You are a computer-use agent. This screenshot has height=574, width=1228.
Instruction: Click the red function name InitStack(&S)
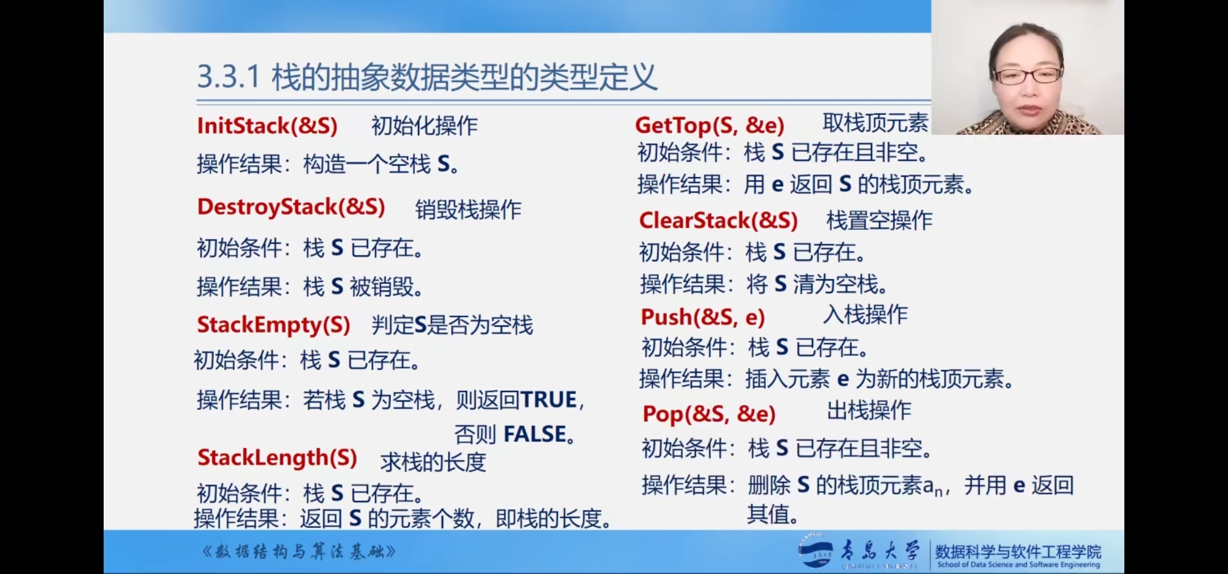(267, 126)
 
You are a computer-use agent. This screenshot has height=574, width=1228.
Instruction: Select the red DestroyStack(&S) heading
(291, 207)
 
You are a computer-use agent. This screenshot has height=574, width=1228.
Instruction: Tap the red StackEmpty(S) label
(274, 325)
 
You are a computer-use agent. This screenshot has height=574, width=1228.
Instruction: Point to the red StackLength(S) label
(277, 458)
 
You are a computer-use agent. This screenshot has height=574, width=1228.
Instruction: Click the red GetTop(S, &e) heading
(710, 125)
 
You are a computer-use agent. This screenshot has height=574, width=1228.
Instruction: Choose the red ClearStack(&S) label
(719, 221)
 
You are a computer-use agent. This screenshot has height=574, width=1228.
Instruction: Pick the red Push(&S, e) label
(703, 317)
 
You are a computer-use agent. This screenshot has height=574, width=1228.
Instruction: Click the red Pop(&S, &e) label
(709, 414)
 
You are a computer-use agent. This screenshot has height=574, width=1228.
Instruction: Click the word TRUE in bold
(548, 400)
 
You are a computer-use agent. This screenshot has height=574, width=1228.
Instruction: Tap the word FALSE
(535, 434)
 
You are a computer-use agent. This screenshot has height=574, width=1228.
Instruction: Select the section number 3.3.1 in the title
(229, 77)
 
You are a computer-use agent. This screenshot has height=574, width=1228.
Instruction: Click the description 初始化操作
(424, 126)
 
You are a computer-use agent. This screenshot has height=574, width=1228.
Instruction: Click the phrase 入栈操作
(865, 315)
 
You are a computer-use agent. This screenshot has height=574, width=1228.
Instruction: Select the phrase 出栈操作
(869, 410)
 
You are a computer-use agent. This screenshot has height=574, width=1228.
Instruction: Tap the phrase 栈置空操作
(879, 221)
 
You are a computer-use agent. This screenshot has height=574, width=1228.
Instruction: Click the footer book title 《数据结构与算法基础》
(299, 552)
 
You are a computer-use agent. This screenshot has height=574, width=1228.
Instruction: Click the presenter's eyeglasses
(1027, 75)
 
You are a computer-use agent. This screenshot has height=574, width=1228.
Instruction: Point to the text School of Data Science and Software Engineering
(1019, 564)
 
